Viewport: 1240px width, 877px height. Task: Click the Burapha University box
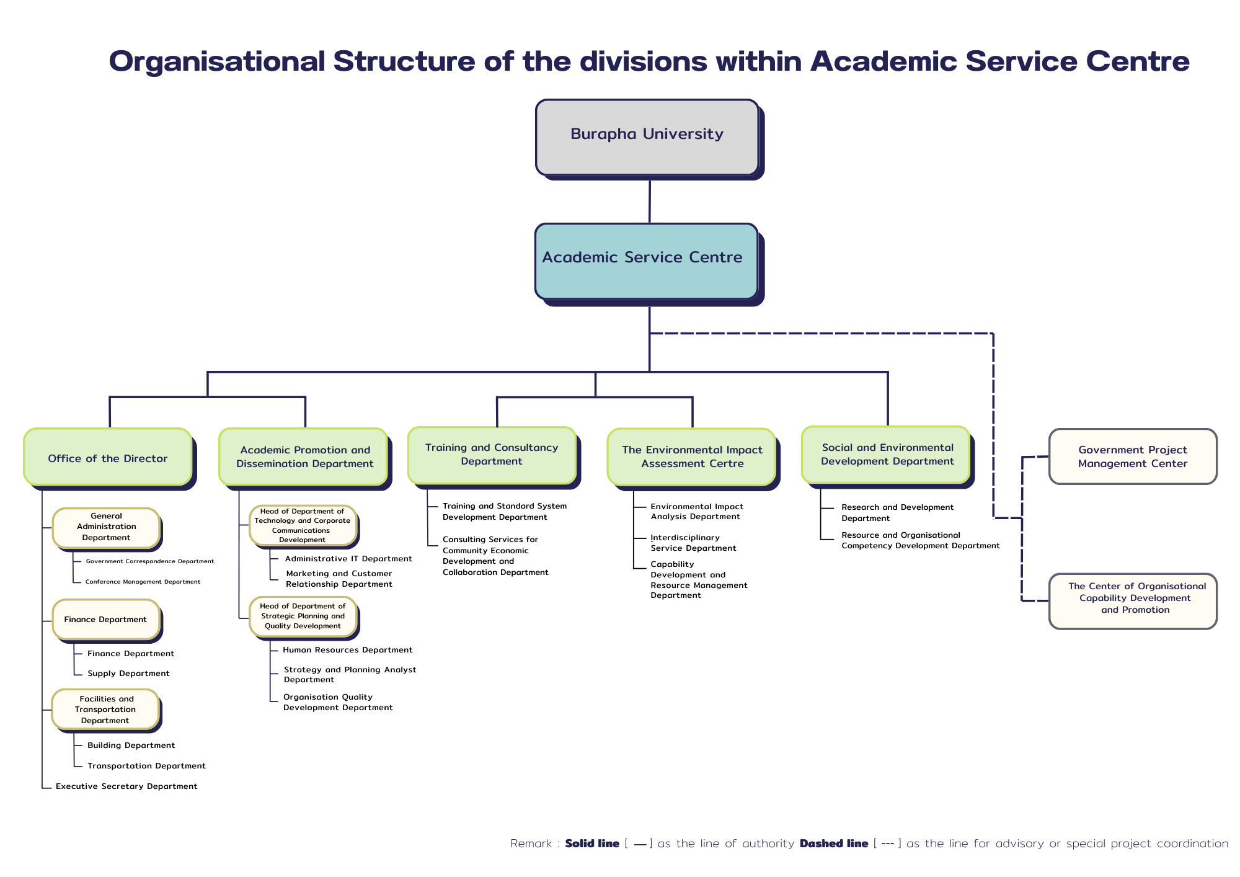pos(647,137)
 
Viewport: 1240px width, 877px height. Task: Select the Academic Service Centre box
pos(646,260)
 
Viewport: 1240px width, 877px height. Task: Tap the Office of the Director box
pos(108,457)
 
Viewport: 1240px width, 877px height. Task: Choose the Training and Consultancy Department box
pos(492,455)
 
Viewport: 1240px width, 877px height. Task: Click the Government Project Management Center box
pos(1132,456)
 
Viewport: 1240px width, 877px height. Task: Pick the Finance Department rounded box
pos(106,619)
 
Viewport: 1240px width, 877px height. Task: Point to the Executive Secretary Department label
pos(126,786)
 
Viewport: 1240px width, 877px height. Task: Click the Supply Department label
pos(128,673)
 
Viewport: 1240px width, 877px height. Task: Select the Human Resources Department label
pos(347,649)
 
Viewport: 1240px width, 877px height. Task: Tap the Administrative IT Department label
pos(348,558)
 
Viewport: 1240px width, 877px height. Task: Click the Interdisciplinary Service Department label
pos(693,543)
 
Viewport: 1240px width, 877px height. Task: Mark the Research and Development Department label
pos(897,512)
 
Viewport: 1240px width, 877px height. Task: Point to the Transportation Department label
pos(146,765)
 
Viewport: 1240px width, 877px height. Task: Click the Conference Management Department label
pos(143,581)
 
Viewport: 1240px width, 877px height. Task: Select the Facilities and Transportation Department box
pos(105,709)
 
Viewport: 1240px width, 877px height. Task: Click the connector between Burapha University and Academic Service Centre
pos(649,202)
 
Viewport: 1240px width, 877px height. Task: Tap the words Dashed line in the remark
pos(833,843)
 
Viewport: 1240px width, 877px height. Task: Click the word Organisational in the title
pos(217,61)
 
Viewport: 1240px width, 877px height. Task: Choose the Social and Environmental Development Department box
pos(887,455)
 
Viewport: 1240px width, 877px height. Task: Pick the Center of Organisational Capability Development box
pos(1132,600)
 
